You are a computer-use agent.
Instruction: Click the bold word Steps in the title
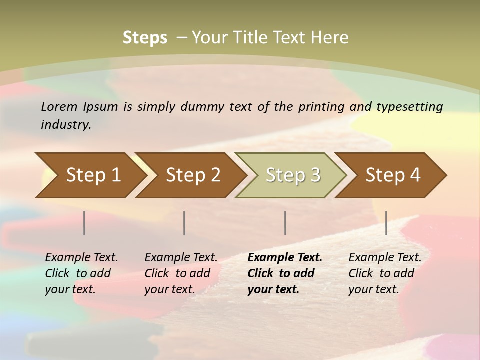click(x=145, y=38)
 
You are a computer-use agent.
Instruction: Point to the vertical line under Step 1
click(x=84, y=223)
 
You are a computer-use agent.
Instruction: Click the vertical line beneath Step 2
click(x=184, y=223)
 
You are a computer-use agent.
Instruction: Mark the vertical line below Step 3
click(x=285, y=223)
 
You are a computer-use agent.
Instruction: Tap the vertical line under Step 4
click(x=386, y=223)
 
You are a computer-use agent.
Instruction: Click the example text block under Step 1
click(x=81, y=273)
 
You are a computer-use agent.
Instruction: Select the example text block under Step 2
click(x=181, y=273)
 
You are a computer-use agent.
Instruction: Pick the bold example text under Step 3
click(x=285, y=273)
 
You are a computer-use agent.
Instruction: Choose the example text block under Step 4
click(x=385, y=273)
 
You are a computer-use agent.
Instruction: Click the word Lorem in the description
click(x=59, y=106)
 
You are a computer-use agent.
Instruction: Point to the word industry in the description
click(x=66, y=125)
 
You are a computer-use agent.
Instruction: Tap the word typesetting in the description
click(x=409, y=107)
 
